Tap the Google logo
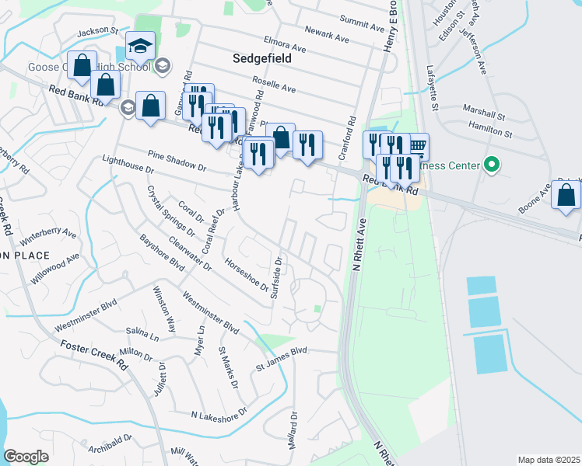(x=26, y=457)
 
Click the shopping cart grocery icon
(x=417, y=144)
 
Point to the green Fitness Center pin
(x=490, y=165)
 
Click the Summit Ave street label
(x=363, y=23)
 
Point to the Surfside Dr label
(x=276, y=276)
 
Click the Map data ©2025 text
(x=549, y=460)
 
